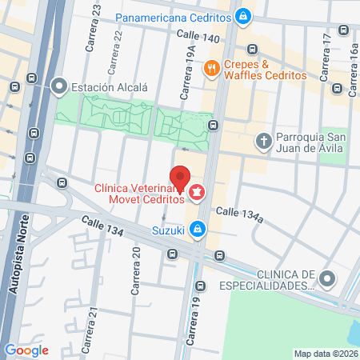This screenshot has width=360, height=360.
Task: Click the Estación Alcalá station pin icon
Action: click(59, 86)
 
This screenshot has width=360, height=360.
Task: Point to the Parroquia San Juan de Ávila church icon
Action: click(263, 142)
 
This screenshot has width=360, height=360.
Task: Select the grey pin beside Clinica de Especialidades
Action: click(326, 278)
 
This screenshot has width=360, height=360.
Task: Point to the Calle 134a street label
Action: click(239, 212)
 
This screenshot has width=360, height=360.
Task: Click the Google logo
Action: click(26, 350)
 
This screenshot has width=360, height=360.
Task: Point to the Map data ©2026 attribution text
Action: click(325, 354)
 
